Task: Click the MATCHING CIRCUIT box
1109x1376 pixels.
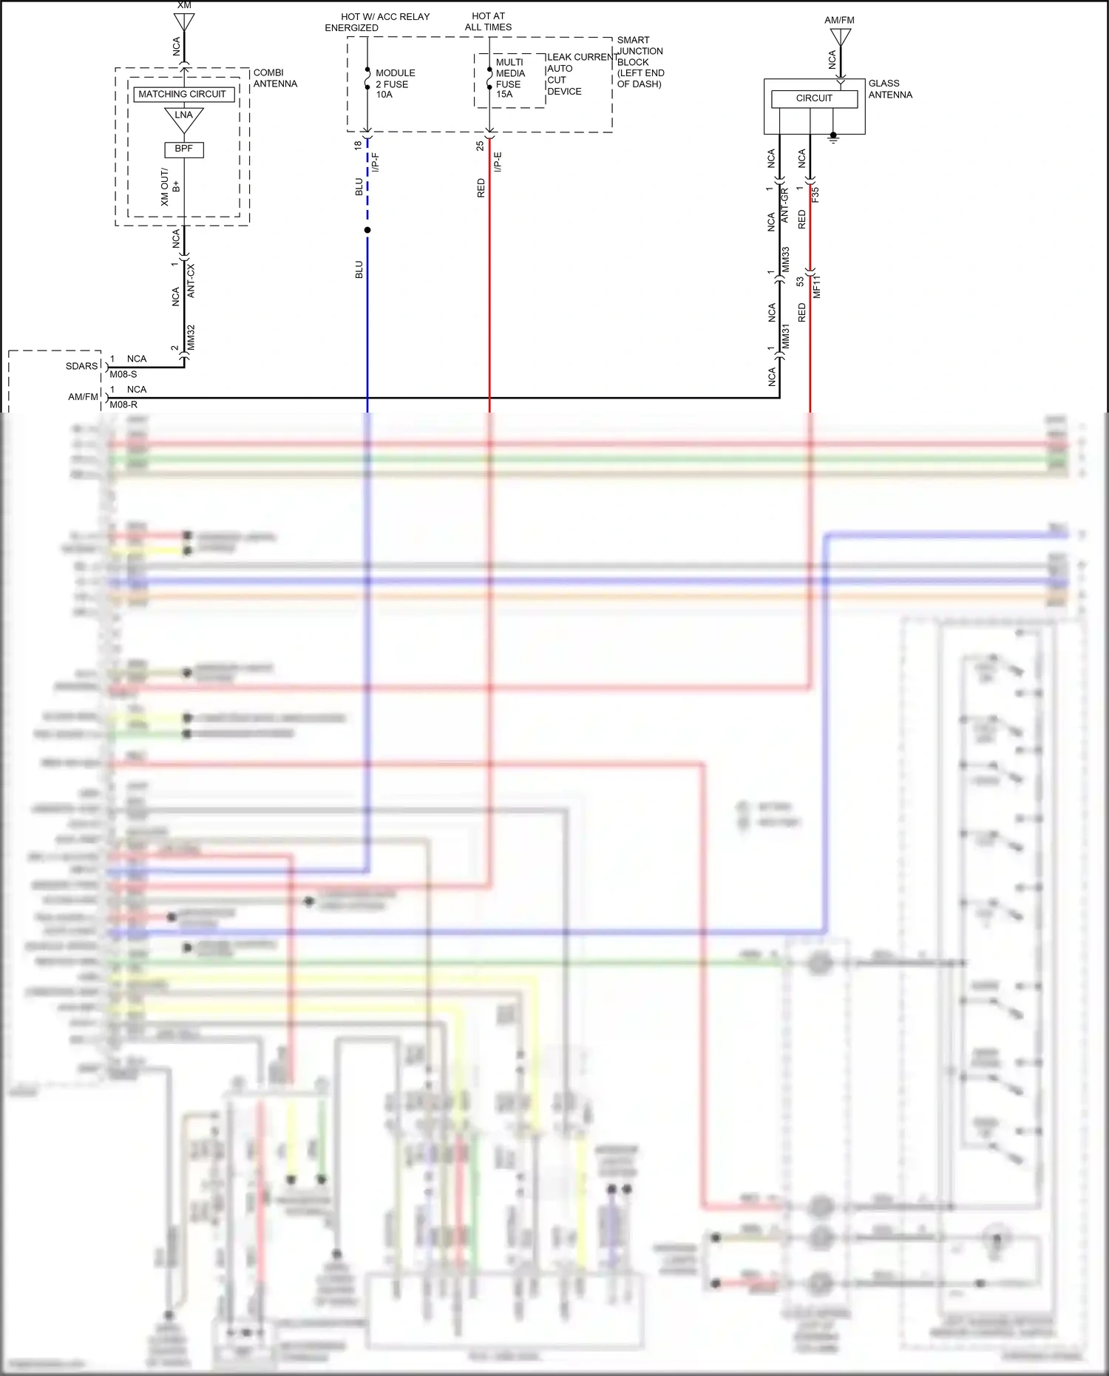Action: pyautogui.click(x=182, y=94)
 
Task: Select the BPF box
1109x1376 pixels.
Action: pyautogui.click(x=183, y=149)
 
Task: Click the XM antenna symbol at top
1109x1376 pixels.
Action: pyautogui.click(x=184, y=21)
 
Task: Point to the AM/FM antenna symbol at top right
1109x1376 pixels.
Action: pyautogui.click(x=841, y=37)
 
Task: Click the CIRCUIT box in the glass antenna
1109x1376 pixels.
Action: pyautogui.click(x=814, y=98)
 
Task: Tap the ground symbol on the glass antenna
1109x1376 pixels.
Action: pyautogui.click(x=833, y=138)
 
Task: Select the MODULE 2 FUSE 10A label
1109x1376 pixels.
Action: pyautogui.click(x=395, y=84)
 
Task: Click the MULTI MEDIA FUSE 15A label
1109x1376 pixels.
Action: pyautogui.click(x=509, y=78)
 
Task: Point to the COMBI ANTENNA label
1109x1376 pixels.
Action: pyautogui.click(x=275, y=78)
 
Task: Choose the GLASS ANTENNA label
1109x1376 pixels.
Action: pyautogui.click(x=889, y=89)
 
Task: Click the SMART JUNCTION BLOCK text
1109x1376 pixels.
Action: pyautogui.click(x=640, y=62)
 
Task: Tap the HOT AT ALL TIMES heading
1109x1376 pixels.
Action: pyautogui.click(x=488, y=21)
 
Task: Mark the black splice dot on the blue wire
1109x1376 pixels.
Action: pyautogui.click(x=367, y=230)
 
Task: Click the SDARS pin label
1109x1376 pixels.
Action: pyautogui.click(x=81, y=366)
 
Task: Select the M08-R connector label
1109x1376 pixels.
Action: pyautogui.click(x=123, y=404)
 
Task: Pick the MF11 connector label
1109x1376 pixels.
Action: pyautogui.click(x=817, y=286)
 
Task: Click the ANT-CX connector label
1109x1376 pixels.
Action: pyautogui.click(x=191, y=281)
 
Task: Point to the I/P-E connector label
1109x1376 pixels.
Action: pyautogui.click(x=498, y=162)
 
